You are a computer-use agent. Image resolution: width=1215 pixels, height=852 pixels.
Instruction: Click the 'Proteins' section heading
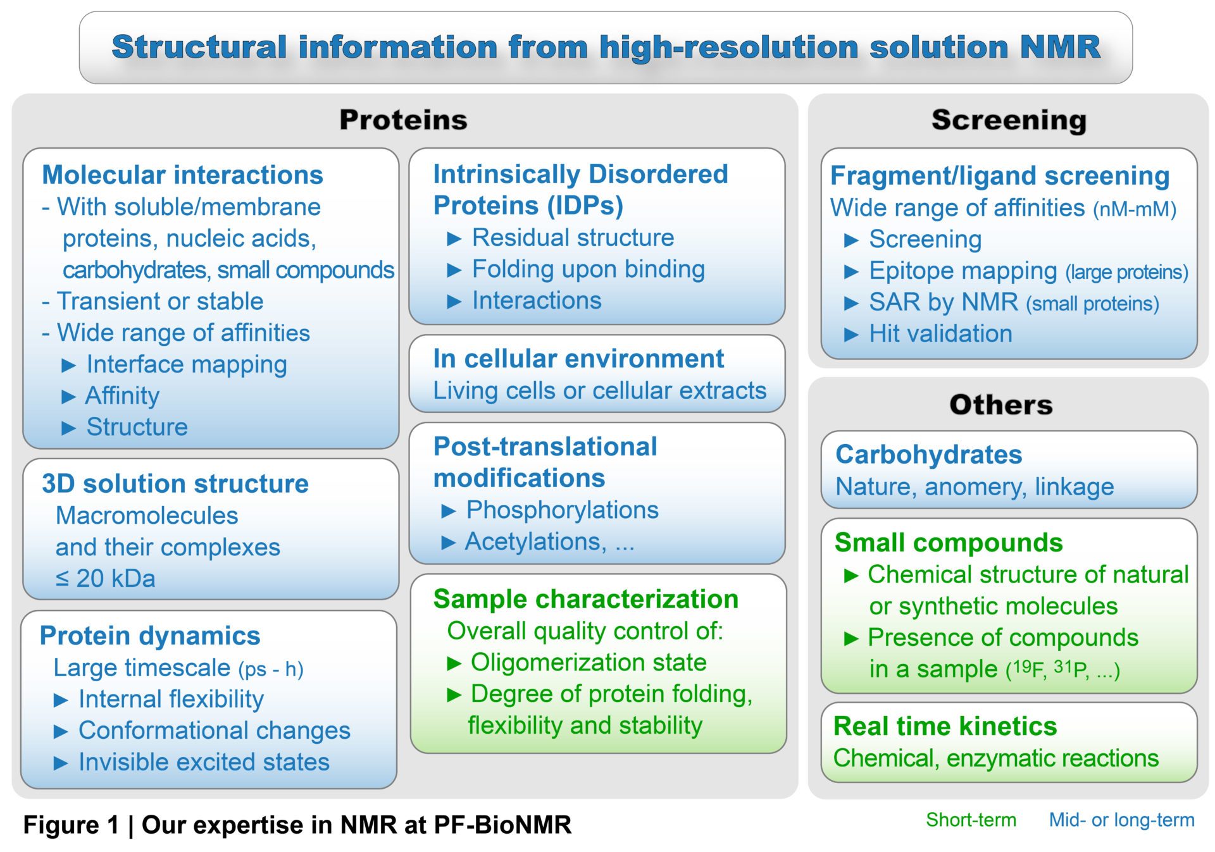[x=403, y=120]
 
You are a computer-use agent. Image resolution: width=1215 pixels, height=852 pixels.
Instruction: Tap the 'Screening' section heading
[x=1009, y=120]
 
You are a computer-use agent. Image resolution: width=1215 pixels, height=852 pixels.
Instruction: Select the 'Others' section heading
[x=1001, y=405]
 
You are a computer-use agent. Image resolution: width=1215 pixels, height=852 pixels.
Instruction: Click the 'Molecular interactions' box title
[x=182, y=175]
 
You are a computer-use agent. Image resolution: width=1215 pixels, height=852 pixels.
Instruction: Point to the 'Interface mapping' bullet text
[x=187, y=364]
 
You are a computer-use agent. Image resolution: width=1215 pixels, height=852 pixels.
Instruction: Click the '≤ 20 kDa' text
[x=105, y=578]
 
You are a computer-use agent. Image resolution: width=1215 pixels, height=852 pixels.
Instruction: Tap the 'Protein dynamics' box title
[x=150, y=636]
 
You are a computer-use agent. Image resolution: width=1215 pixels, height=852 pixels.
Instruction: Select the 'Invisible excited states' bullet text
[x=204, y=762]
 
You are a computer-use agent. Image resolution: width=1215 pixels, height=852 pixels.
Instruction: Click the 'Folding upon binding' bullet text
[x=589, y=269]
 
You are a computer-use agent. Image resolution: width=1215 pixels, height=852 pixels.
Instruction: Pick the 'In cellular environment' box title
[x=578, y=359]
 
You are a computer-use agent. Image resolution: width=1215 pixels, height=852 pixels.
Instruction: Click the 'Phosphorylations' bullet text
[x=562, y=510]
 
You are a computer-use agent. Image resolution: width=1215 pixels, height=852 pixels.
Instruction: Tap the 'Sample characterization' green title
[x=586, y=599]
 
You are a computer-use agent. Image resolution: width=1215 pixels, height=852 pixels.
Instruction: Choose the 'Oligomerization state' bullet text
[x=589, y=662]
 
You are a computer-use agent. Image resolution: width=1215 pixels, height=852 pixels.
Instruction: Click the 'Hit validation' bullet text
[x=940, y=333]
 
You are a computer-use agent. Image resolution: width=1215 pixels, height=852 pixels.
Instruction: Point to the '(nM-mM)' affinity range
[x=1135, y=209]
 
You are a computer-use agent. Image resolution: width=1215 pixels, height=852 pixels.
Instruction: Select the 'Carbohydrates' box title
[x=928, y=455]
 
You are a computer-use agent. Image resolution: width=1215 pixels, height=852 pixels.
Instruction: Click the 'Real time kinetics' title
[x=945, y=726]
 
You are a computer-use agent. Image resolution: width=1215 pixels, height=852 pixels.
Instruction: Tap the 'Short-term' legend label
[x=971, y=820]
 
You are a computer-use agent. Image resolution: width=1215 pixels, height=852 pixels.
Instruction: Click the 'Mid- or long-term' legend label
[x=1121, y=820]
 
